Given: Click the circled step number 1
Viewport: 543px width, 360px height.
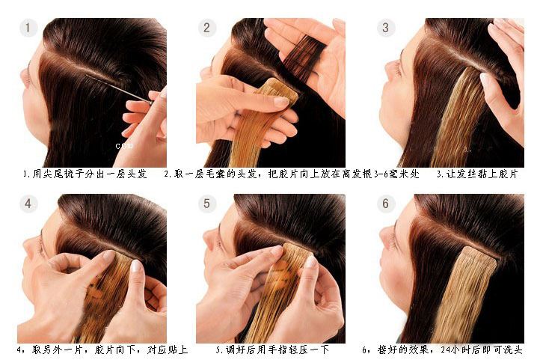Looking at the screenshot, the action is coord(28,28).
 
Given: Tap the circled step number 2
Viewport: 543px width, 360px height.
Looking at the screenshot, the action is coord(206,28).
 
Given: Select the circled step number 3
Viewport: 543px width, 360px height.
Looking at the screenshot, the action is coord(385,28).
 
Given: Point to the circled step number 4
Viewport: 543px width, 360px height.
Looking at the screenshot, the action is coord(28,203).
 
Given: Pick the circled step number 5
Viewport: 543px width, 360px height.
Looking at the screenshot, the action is coord(206,203).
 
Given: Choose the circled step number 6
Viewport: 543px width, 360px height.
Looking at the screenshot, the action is coord(385,203).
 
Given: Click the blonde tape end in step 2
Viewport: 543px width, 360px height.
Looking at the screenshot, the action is coord(278,89).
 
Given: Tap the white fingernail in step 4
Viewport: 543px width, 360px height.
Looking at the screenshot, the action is coord(136,266).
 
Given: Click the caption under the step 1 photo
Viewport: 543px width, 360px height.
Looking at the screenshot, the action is coord(85,174).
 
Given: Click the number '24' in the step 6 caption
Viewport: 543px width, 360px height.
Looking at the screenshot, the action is coord(446,350).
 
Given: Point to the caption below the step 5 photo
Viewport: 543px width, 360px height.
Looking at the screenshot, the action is coord(272,350).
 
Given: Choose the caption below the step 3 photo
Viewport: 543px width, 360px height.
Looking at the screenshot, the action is coord(477,174).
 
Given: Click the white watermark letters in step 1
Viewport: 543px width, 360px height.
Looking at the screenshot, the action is coord(124,146).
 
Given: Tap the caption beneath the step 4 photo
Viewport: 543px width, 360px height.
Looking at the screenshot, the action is coord(102,350).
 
